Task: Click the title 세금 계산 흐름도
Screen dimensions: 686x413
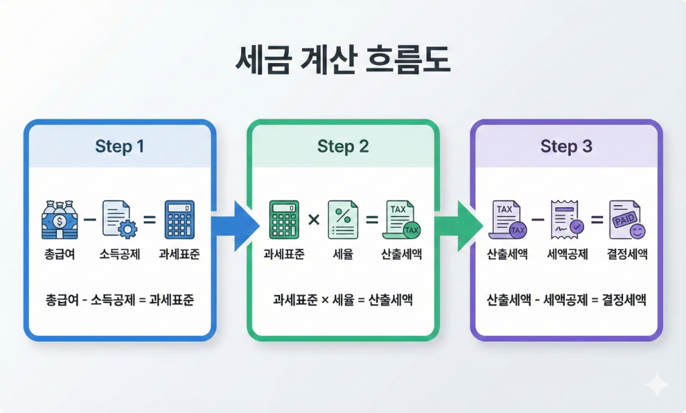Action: coord(342,60)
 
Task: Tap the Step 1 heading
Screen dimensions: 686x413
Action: coord(119,146)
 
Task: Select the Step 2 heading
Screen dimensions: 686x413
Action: coord(343,146)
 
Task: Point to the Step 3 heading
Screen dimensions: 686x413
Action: coord(566,146)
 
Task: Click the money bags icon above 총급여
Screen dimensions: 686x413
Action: coord(60,219)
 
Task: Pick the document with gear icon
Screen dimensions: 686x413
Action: coord(119,219)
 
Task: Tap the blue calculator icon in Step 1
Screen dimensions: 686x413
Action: coord(180,219)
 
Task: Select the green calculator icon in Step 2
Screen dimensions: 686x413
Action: coord(284,219)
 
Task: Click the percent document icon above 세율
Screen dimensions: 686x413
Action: coord(343,219)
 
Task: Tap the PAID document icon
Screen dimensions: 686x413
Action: coord(627,219)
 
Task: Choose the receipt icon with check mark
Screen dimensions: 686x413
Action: coord(567,219)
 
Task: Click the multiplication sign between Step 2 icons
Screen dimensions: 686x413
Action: coord(314,219)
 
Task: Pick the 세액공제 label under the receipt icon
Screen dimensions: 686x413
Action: coord(567,254)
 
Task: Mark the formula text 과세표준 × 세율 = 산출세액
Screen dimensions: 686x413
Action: coord(343,300)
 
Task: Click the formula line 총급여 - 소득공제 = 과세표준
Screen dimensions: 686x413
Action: coord(119,300)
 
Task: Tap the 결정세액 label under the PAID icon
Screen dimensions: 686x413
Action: coord(627,254)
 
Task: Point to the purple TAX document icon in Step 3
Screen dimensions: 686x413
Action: coord(508,219)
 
